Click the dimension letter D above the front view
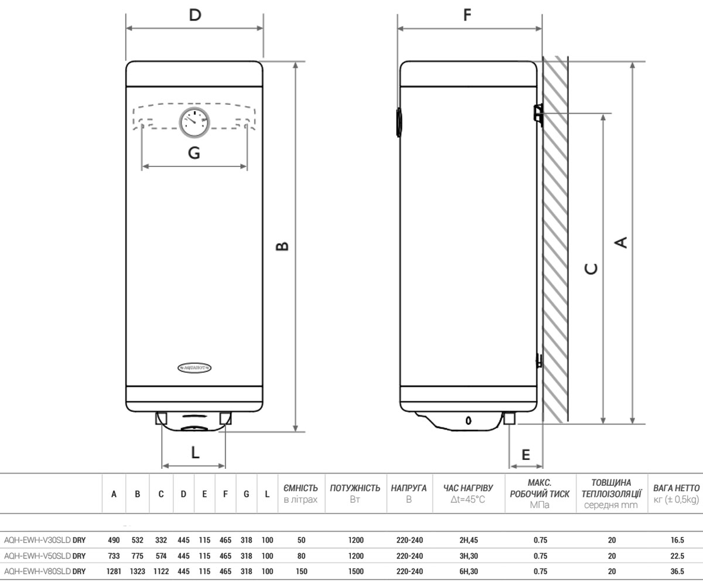(x=195, y=15)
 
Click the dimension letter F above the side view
(x=467, y=15)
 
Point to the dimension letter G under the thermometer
(x=194, y=153)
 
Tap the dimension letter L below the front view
(x=195, y=452)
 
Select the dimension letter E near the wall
(x=525, y=455)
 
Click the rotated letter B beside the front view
(x=282, y=246)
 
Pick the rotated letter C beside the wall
(x=591, y=269)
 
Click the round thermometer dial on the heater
(x=194, y=122)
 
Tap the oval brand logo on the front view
(x=194, y=368)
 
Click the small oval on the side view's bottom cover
(x=468, y=421)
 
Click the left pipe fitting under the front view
(x=161, y=418)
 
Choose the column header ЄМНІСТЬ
(x=301, y=488)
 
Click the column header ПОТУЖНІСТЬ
(x=355, y=488)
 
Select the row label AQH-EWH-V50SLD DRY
(x=45, y=556)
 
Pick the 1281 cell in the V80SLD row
(x=114, y=571)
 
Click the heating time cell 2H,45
(x=469, y=540)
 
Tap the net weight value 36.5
(x=677, y=571)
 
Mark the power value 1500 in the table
(x=356, y=571)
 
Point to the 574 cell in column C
(x=161, y=556)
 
